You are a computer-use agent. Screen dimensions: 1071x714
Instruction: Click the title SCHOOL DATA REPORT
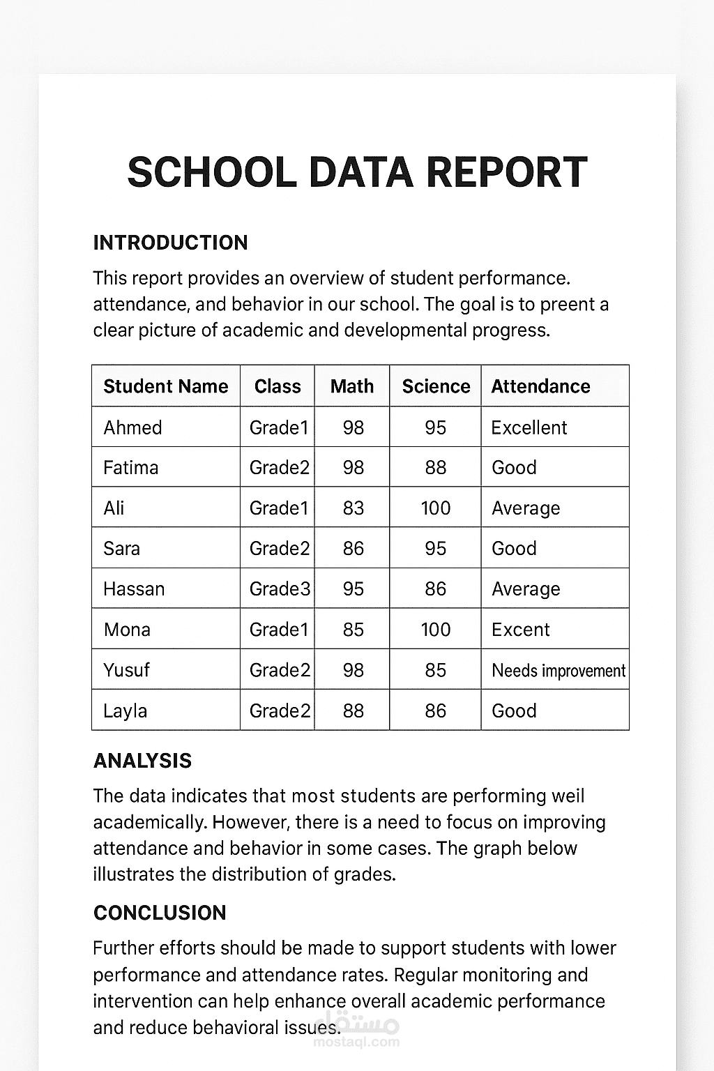(x=357, y=172)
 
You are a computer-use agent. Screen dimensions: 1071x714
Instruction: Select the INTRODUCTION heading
(x=170, y=243)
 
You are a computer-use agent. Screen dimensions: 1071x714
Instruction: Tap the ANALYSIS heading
(x=142, y=761)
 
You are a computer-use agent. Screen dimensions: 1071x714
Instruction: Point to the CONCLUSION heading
(x=160, y=913)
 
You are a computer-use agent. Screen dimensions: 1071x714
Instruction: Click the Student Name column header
(x=166, y=386)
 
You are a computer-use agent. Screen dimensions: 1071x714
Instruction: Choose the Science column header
(x=436, y=386)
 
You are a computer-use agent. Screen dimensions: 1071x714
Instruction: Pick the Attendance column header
(x=540, y=386)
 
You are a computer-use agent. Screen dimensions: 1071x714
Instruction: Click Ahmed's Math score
(x=353, y=427)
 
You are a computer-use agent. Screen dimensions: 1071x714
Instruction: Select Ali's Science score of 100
(x=435, y=508)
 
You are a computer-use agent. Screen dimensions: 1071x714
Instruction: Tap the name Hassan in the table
(x=134, y=589)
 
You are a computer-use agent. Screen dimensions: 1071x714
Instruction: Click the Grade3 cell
(x=279, y=589)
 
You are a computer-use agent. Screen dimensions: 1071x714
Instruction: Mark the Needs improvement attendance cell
(x=558, y=671)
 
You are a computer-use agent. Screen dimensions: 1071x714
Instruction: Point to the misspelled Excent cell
(x=520, y=630)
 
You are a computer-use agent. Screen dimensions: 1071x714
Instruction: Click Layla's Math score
(x=353, y=711)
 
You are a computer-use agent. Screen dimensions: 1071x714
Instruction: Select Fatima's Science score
(x=435, y=468)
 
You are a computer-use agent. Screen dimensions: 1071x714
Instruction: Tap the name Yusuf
(x=126, y=670)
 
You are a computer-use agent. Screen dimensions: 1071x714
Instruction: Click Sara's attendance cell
(x=514, y=549)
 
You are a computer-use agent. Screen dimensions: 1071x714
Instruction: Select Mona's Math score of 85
(x=353, y=630)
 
